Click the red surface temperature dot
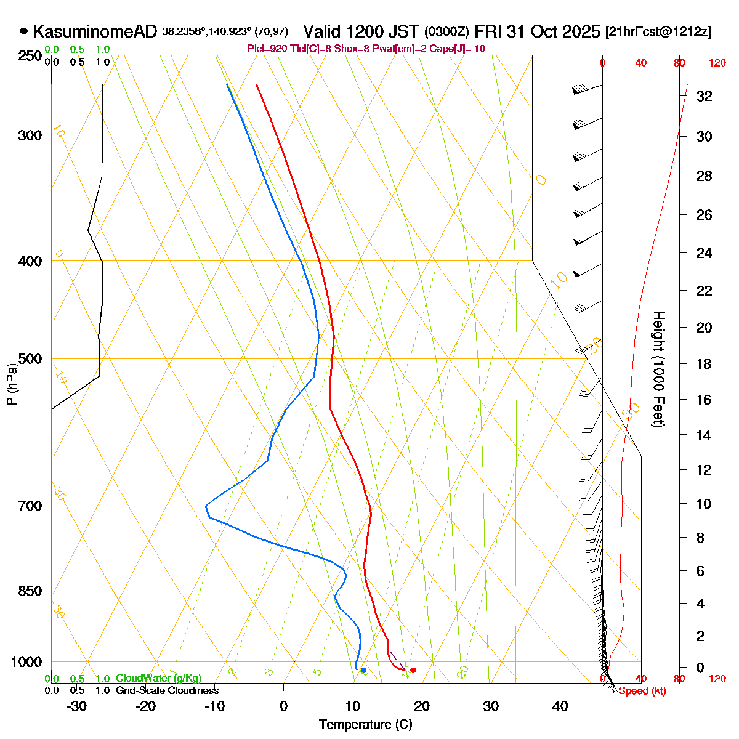coord(413,670)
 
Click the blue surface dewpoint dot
coord(363,670)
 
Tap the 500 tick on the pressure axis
coord(31,358)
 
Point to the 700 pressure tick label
coord(31,506)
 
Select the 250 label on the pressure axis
coord(31,56)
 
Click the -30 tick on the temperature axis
coord(76,706)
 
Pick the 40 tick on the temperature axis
coord(560,706)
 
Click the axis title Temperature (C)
coord(365,724)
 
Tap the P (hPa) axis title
coord(11,385)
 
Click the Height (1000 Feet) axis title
coord(658,369)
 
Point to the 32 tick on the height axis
coord(704,97)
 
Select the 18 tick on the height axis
coord(704,364)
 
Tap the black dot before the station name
coord(24,30)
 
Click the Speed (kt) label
coord(642,691)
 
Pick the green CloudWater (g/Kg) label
coord(158,678)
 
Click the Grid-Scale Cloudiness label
coord(167,691)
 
